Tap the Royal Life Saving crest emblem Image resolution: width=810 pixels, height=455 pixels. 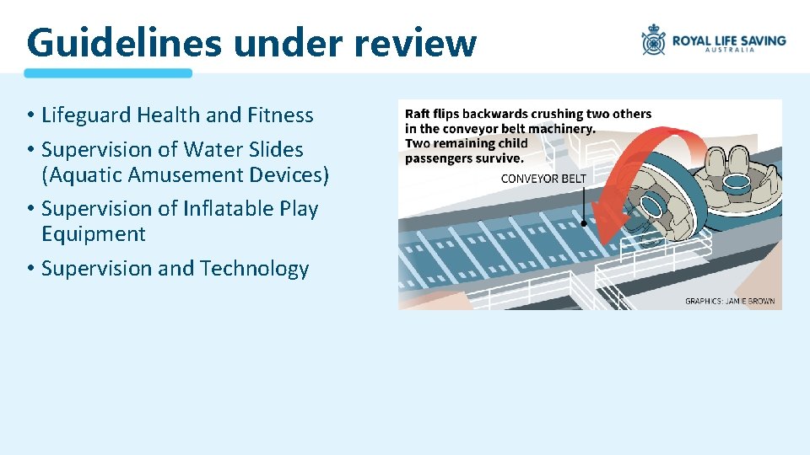click(654, 40)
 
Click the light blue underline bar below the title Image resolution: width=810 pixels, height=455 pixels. click(108, 73)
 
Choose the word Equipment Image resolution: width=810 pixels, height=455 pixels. click(94, 234)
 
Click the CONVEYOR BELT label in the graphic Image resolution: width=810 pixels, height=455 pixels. click(543, 179)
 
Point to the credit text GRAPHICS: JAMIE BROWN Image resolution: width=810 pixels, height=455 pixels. click(729, 301)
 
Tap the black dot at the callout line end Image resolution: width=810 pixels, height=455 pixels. click(584, 224)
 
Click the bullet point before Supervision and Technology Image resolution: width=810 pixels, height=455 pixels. click(30, 270)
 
